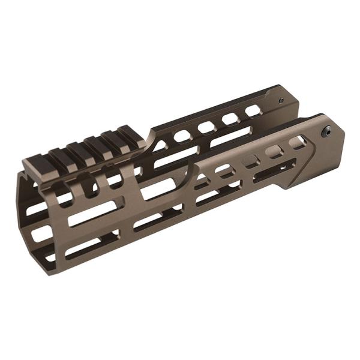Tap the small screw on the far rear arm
pyautogui.click(x=281, y=101)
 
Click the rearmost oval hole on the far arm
pyautogui.click(x=253, y=110)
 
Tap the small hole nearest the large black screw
pyautogui.click(x=296, y=143)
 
